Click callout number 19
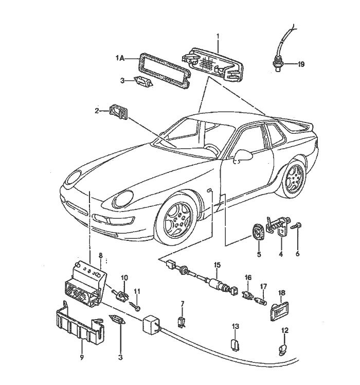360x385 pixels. coord(301,64)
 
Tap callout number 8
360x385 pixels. coord(101,254)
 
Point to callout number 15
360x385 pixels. coord(217,265)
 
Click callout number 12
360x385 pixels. coord(284,330)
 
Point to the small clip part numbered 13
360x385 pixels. coord(235,343)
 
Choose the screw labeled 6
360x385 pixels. coord(297,226)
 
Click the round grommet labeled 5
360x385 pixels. coord(259,233)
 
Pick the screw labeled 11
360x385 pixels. coord(137,308)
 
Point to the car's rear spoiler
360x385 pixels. coord(298,125)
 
